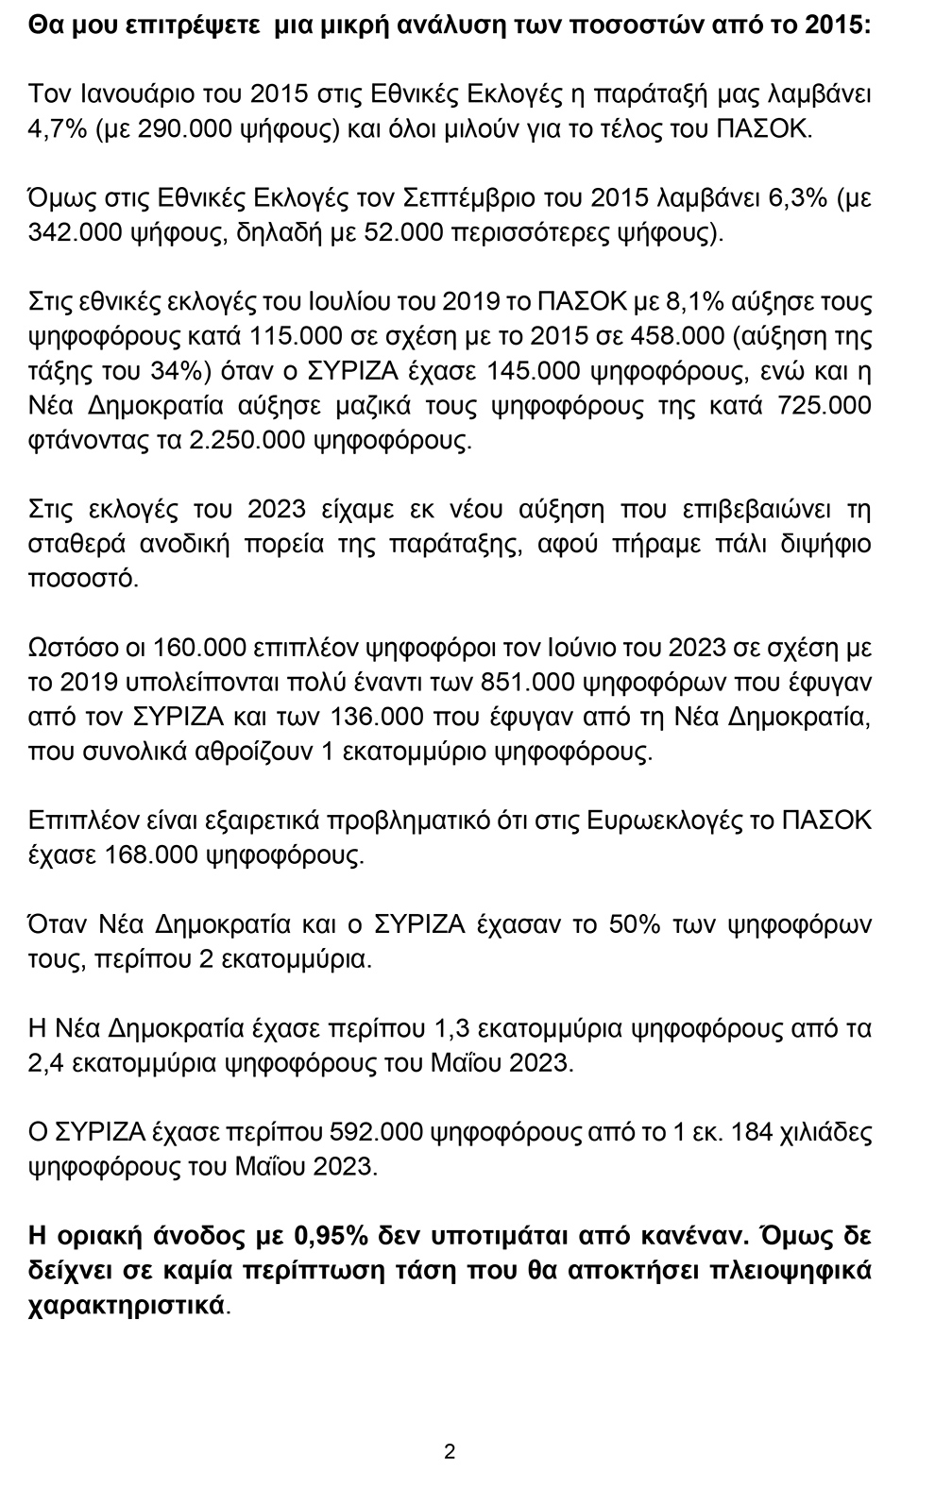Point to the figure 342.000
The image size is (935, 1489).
(x=73, y=232)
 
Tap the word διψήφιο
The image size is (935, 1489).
(x=819, y=545)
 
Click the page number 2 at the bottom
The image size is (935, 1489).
(x=450, y=1452)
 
